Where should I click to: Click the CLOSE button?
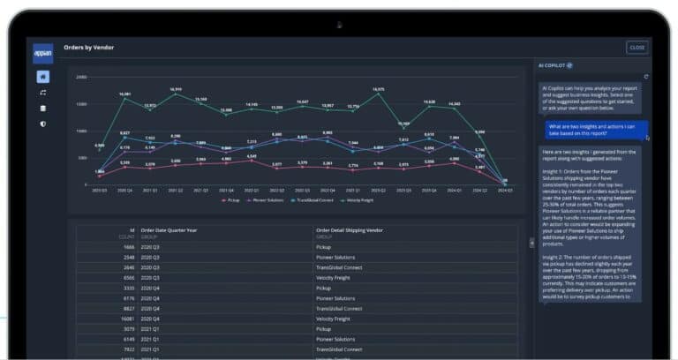[x=637, y=47]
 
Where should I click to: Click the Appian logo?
[x=42, y=53]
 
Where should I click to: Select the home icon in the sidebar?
[x=42, y=77]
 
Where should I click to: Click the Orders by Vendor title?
[x=88, y=47]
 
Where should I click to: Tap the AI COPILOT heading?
[x=554, y=65]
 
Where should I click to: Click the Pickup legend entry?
[x=231, y=200]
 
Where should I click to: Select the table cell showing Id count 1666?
[x=129, y=248]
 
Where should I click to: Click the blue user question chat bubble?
[x=595, y=131]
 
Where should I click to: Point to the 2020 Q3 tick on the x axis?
[x=99, y=189]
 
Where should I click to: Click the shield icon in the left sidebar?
[x=42, y=124]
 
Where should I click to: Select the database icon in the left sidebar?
[x=42, y=108]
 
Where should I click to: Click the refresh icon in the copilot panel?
[x=646, y=77]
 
